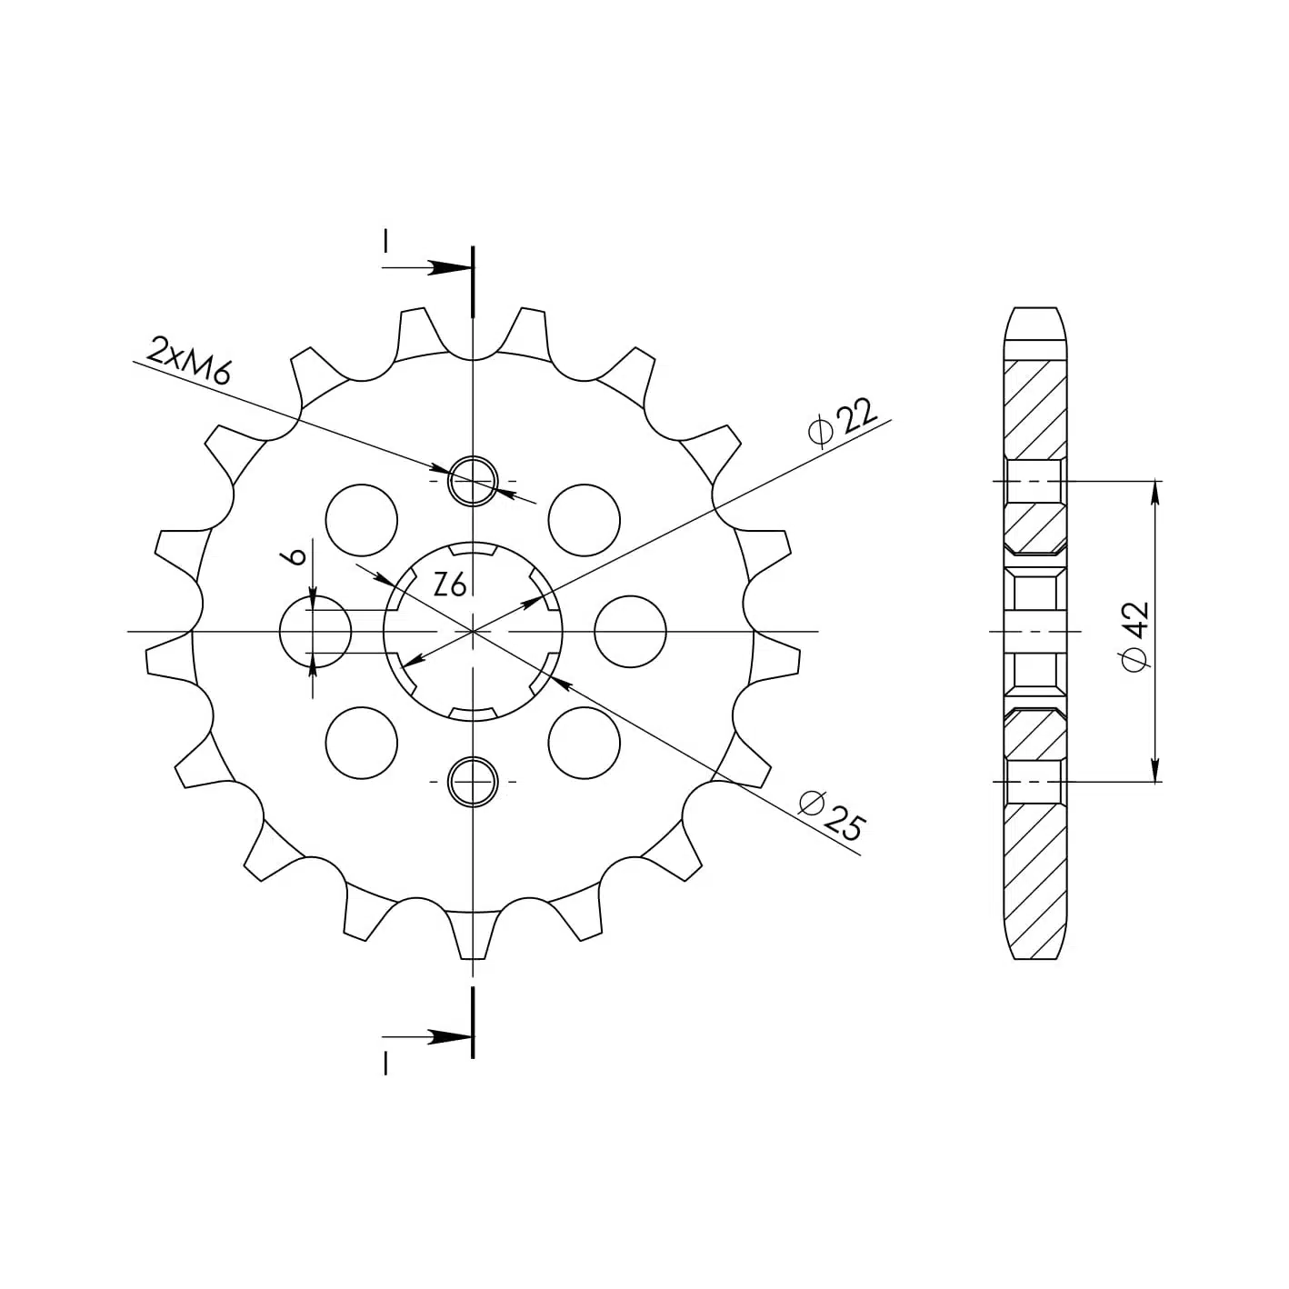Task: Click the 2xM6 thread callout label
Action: (x=189, y=361)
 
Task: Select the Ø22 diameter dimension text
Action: (x=843, y=422)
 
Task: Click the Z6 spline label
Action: (x=449, y=585)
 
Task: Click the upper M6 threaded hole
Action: (x=473, y=481)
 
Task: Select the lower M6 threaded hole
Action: (x=473, y=781)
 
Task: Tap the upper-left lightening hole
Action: (x=361, y=520)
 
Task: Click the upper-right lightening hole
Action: (x=584, y=520)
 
